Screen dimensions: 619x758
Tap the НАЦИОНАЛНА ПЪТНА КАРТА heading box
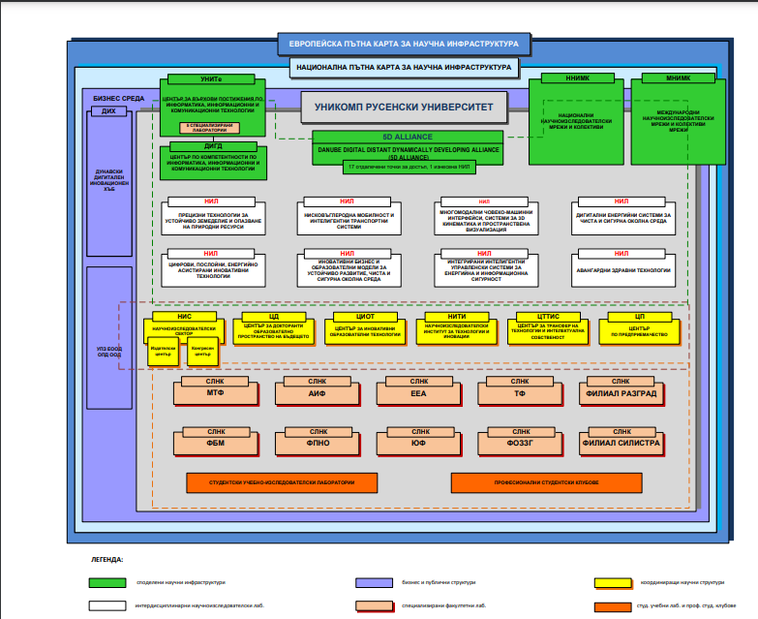(403, 68)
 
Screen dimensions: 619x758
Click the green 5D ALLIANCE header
(407, 137)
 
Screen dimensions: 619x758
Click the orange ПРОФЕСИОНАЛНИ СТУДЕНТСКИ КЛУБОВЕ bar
(546, 482)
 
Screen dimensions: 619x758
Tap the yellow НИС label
(184, 316)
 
